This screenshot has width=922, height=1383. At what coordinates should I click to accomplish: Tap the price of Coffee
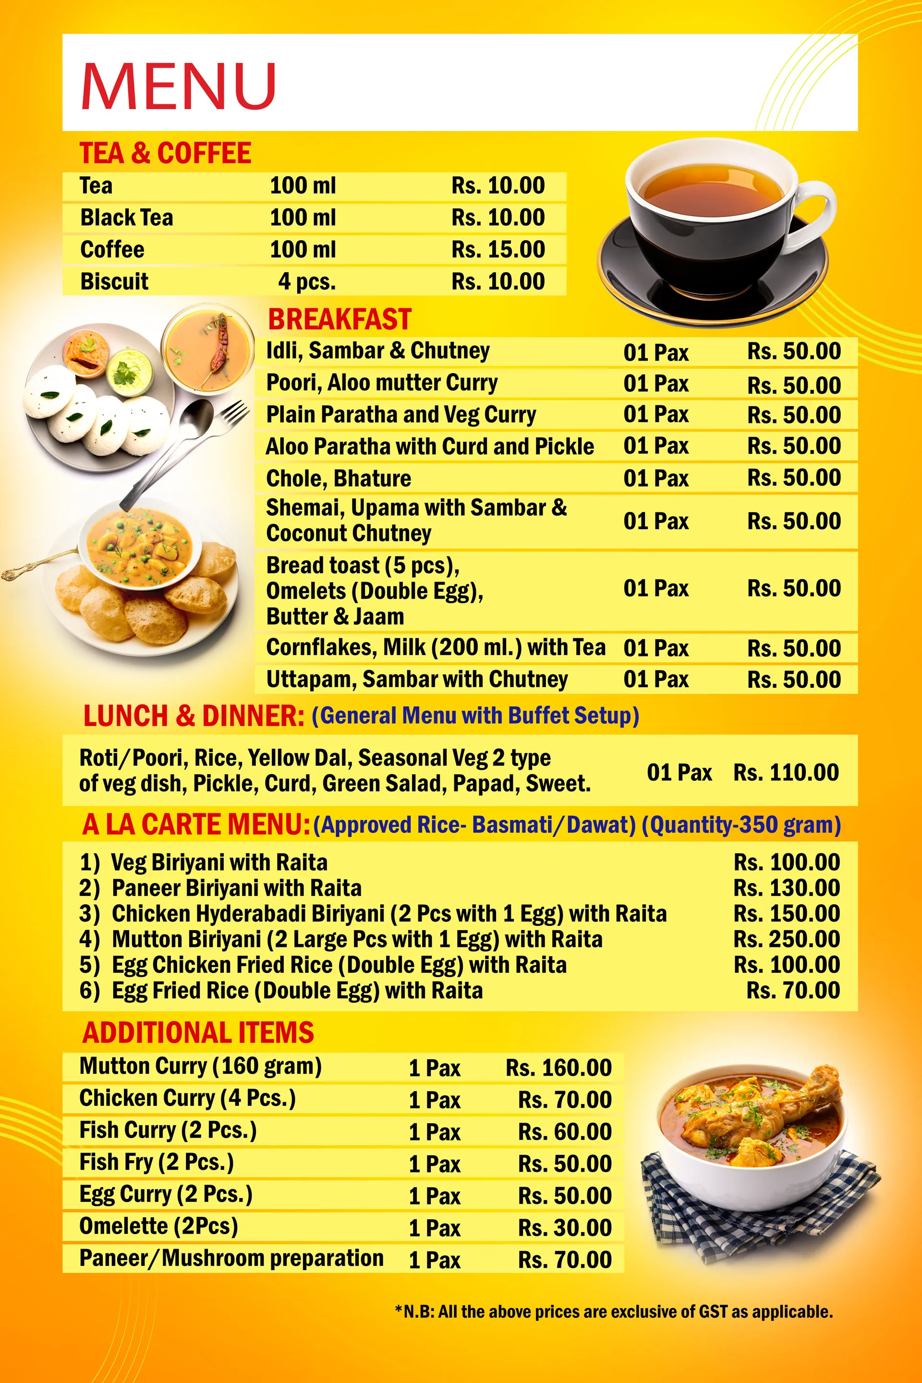(497, 249)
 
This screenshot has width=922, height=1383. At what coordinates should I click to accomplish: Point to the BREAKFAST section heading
(340, 319)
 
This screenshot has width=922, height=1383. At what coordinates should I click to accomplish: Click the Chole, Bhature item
(338, 478)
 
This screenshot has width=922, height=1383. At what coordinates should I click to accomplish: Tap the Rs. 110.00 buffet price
(785, 772)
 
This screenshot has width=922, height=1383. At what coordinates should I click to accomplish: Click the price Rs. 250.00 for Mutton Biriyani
(786, 939)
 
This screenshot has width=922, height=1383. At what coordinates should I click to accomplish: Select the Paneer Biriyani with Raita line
(236, 888)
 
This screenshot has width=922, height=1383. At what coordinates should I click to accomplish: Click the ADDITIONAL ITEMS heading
(198, 1032)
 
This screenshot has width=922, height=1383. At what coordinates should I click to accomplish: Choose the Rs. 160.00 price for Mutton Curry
(558, 1067)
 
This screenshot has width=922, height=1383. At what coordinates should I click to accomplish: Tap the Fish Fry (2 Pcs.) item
(157, 1162)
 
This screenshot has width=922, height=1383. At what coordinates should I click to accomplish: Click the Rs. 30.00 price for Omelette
(565, 1227)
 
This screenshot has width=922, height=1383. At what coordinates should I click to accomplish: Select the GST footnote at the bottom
(613, 1312)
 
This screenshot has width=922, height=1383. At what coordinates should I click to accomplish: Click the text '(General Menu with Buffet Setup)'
(475, 716)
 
